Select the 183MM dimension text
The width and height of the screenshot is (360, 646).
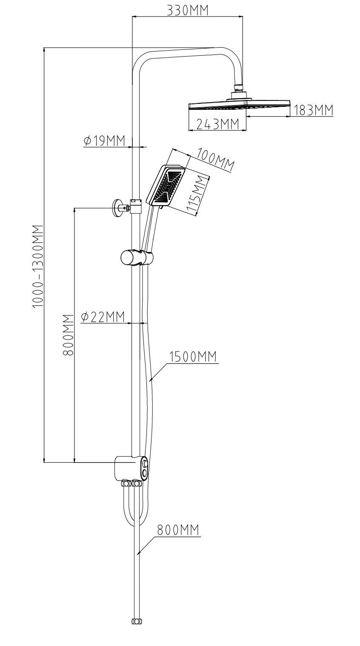pos(313,110)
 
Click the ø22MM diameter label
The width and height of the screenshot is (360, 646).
pos(102,317)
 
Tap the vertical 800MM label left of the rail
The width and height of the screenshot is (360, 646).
pos(69,335)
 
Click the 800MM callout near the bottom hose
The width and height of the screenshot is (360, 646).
pos(178,530)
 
